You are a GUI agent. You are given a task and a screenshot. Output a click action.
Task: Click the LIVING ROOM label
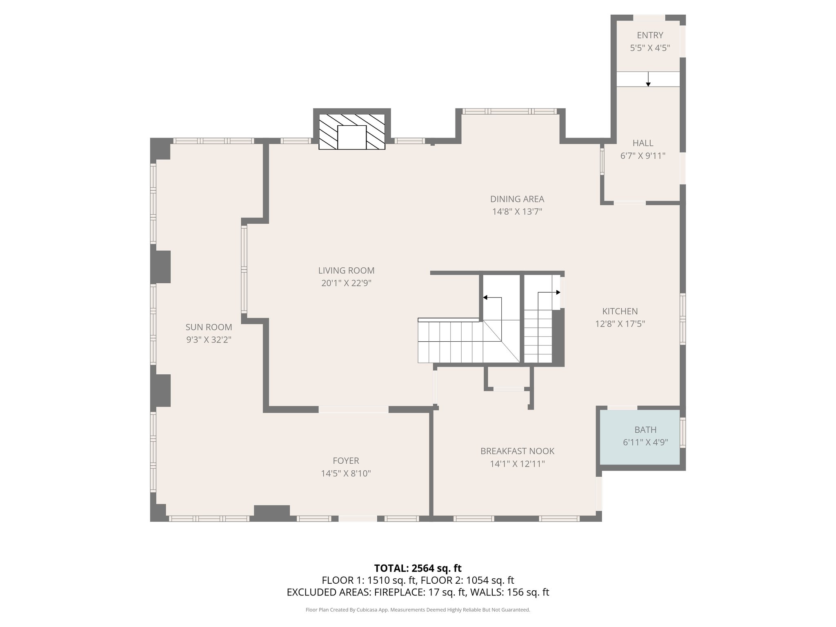346,270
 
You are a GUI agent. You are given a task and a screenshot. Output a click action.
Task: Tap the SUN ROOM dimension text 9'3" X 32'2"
209,340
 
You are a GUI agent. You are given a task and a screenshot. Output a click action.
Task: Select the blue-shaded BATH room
639,437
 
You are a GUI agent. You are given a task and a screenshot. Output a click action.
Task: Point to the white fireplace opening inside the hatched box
352,138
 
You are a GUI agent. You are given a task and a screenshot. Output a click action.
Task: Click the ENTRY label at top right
650,35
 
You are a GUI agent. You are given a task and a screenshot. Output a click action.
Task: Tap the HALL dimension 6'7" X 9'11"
643,156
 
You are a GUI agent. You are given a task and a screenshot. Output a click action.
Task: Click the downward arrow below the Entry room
648,82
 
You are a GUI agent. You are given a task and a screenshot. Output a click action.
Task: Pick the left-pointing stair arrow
486,298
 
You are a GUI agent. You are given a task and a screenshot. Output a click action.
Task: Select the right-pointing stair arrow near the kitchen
557,292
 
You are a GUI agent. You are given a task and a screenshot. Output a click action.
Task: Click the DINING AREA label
517,199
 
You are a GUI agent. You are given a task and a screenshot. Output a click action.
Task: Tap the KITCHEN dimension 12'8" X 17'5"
620,324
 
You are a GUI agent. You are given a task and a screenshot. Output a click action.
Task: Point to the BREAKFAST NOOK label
517,451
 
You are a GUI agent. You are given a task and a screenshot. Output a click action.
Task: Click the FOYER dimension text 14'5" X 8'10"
346,474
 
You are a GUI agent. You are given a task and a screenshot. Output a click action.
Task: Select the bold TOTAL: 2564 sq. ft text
418,568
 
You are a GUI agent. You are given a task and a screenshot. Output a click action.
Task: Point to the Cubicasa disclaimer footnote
418,610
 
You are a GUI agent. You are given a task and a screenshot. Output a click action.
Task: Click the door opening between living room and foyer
354,409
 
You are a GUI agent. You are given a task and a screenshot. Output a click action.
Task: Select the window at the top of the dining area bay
509,111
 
